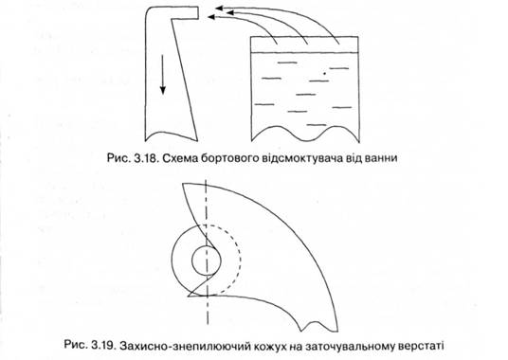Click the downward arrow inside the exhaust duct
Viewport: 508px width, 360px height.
(x=163, y=74)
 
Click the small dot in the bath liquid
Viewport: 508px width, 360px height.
(x=324, y=74)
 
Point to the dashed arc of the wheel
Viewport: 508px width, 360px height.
(x=240, y=259)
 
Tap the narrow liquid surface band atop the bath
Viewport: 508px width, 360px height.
(x=305, y=45)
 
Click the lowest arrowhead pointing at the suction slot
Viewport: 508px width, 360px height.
(x=211, y=16)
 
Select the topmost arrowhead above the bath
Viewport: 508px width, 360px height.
(x=220, y=8)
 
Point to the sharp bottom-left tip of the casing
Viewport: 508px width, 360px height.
(x=189, y=296)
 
